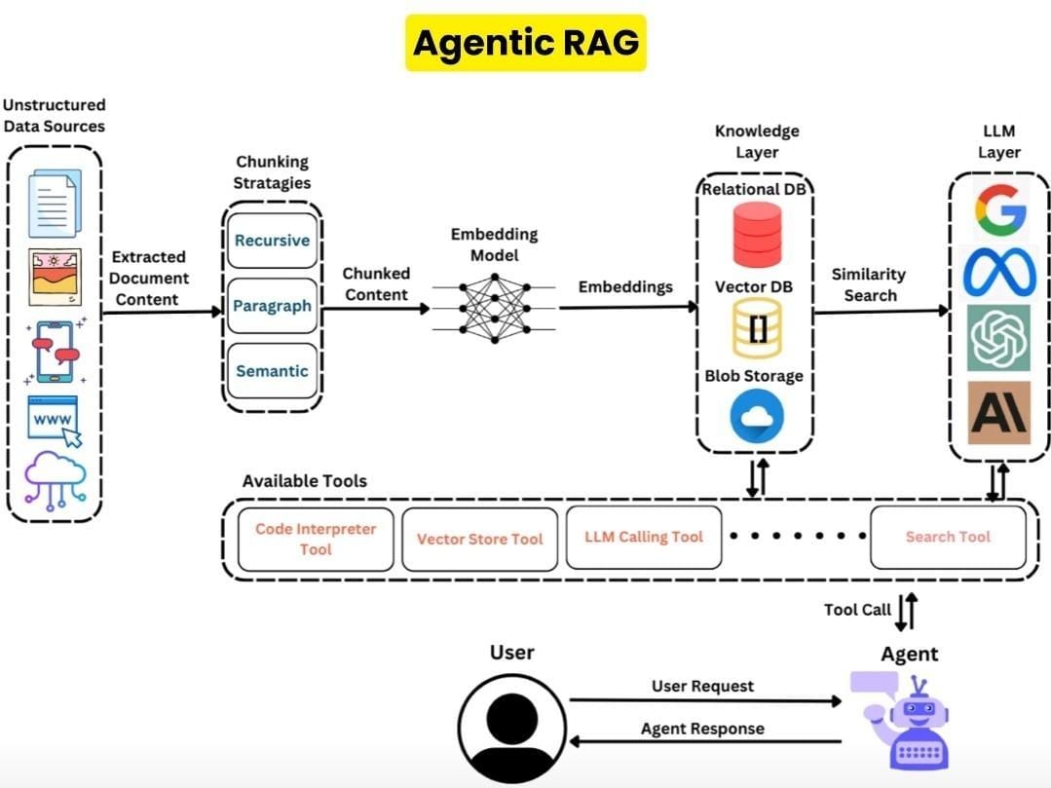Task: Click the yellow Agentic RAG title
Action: coord(525,43)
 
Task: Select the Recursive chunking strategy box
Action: coord(272,241)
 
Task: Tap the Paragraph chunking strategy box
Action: coord(272,306)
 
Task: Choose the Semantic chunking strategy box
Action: coord(272,371)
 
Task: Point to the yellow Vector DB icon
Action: coord(757,329)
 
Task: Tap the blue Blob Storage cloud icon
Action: coord(757,417)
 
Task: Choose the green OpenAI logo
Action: coord(998,337)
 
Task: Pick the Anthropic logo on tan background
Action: coord(998,412)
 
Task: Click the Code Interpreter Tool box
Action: coord(316,539)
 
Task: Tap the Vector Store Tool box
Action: coord(479,539)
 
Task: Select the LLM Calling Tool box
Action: coord(644,537)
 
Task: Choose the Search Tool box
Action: coord(947,537)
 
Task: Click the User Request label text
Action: coord(702,686)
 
